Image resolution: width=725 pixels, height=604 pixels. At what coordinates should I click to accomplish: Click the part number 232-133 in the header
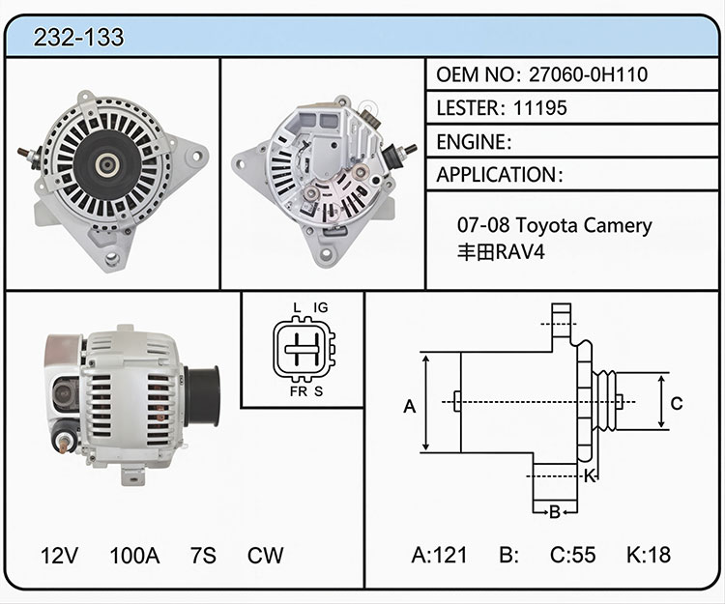(78, 37)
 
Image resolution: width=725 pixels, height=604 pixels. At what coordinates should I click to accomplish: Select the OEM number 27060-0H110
(588, 74)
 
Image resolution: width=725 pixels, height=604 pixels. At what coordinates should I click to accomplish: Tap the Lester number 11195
(540, 108)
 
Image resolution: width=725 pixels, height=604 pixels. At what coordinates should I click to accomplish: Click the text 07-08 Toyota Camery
(555, 225)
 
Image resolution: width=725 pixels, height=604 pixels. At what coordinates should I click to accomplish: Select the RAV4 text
(519, 252)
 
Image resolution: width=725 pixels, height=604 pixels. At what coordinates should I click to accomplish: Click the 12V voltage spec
(59, 556)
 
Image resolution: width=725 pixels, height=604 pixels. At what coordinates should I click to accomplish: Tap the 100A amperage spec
(134, 556)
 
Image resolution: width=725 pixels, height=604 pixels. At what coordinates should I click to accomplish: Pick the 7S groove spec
(203, 556)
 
